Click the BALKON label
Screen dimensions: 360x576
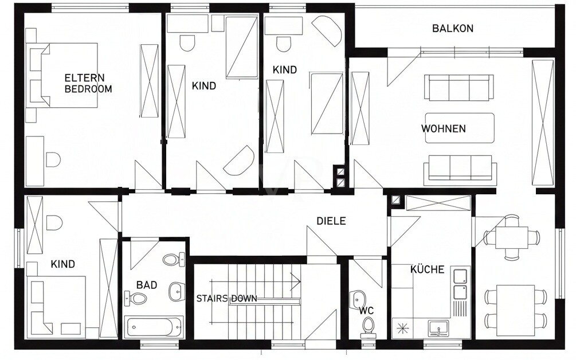coord(452,28)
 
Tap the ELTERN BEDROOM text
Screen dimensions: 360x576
coord(88,83)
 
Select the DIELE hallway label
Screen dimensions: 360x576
coord(331,221)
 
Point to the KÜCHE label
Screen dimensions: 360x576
coord(427,269)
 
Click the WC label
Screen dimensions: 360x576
coord(367,310)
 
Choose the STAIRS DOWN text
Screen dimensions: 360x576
coord(226,299)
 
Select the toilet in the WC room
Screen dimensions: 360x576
coord(367,326)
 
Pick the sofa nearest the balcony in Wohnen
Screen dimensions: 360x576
coord(459,87)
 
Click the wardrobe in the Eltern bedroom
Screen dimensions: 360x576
coord(149,81)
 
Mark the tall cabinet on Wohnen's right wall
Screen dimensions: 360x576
coord(542,122)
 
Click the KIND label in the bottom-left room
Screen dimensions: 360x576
coord(63,264)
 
